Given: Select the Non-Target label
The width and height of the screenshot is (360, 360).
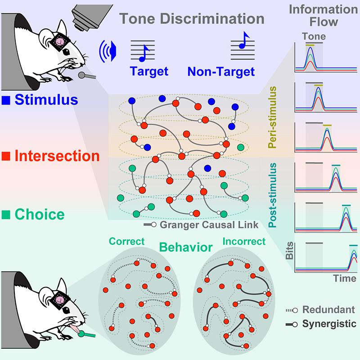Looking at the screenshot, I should tap(220, 71).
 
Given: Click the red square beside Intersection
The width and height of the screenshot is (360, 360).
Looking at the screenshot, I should tap(5, 156).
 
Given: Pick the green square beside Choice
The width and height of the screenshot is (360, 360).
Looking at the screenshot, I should tap(5, 215).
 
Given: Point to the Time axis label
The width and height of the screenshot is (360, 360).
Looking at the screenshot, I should tap(345, 279).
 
